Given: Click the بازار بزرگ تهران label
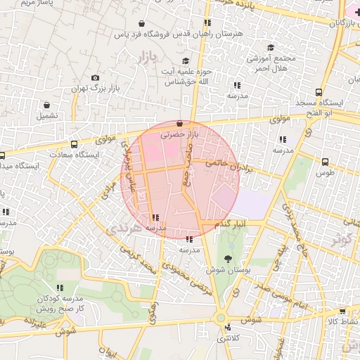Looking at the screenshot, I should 96,89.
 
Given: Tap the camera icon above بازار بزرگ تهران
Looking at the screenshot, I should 96,78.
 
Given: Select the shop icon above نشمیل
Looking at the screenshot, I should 46,105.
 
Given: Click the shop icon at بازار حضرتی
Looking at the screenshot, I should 180,123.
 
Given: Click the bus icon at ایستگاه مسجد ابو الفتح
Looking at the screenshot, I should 319,92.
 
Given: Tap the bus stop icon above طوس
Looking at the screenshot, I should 324,161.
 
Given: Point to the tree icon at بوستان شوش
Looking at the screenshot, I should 226,259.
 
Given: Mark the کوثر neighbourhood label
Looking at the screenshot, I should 341,238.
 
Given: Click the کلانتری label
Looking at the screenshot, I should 227,338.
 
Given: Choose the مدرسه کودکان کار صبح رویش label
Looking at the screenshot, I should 60,303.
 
